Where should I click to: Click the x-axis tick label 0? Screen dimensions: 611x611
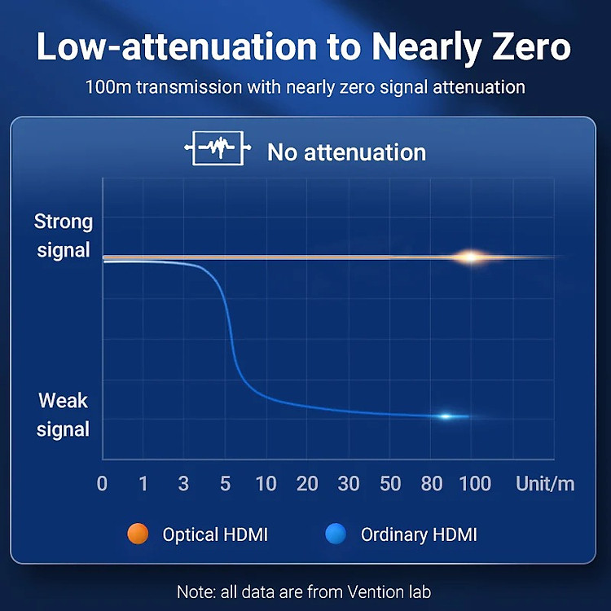[x=102, y=484]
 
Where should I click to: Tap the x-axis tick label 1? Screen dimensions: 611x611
[x=143, y=484]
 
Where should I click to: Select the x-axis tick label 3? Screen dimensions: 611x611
[x=183, y=484]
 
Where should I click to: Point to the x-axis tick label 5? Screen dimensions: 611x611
[x=225, y=484]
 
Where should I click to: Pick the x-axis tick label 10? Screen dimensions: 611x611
[x=266, y=484]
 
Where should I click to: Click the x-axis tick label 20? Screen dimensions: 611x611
[x=307, y=484]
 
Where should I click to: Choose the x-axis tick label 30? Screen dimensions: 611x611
[x=349, y=484]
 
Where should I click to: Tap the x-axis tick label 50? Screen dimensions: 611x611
[x=390, y=484]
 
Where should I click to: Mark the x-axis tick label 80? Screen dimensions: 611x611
[x=432, y=484]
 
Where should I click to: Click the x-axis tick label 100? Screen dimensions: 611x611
[x=475, y=484]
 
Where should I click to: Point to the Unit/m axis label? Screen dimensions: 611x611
[x=545, y=484]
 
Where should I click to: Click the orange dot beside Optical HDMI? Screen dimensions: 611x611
[x=138, y=534]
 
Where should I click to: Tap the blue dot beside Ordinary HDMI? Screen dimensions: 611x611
[x=336, y=534]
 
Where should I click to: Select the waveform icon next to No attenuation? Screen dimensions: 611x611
[x=218, y=148]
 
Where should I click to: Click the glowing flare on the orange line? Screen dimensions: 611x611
[x=471, y=257]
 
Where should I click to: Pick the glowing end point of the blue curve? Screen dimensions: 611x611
[x=446, y=416]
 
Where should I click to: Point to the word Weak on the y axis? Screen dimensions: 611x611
[x=63, y=401]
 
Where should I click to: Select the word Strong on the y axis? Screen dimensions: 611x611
[x=64, y=222]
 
